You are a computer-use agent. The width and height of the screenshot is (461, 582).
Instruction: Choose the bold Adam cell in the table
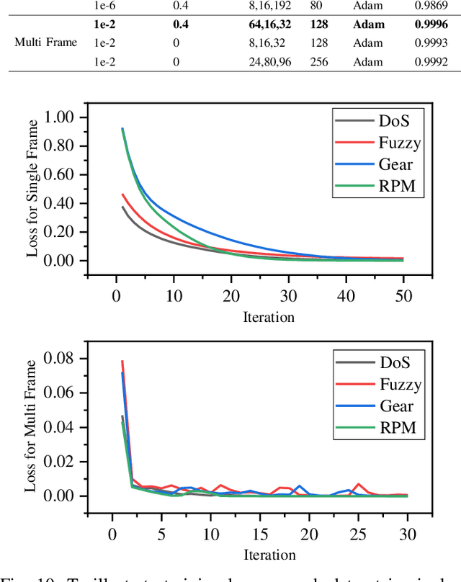(369, 24)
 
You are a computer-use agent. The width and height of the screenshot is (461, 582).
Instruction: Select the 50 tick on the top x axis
(403, 296)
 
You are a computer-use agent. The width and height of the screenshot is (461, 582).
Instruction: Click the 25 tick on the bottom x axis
(358, 534)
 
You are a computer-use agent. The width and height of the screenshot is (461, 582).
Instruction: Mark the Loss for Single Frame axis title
(32, 189)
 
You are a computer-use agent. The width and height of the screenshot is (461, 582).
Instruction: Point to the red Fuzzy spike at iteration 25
(358, 484)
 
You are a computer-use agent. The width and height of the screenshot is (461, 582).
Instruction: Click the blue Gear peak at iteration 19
(299, 486)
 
